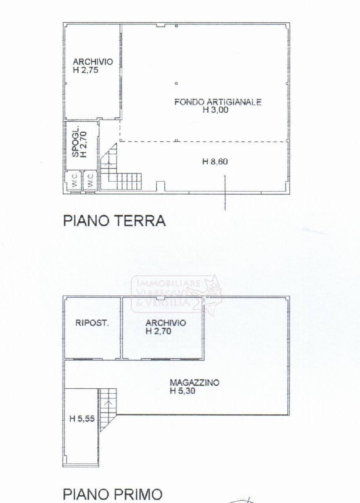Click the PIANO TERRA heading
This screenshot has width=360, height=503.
(x=114, y=221)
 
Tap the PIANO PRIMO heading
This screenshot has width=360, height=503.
(x=112, y=494)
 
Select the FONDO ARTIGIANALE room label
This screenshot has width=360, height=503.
(x=218, y=102)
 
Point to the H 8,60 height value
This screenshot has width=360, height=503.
(x=215, y=161)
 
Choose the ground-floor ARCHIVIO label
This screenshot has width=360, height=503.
(x=93, y=62)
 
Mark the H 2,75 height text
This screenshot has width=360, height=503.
(x=85, y=70)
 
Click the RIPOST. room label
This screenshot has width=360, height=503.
(x=92, y=323)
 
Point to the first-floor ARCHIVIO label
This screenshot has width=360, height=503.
(x=166, y=323)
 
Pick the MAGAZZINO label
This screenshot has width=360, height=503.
(x=194, y=382)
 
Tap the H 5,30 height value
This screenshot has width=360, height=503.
(x=183, y=391)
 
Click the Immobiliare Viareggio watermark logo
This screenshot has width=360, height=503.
(x=177, y=294)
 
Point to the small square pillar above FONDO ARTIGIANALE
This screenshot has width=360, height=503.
(x=176, y=83)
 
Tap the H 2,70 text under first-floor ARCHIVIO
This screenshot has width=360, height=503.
(x=159, y=331)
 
